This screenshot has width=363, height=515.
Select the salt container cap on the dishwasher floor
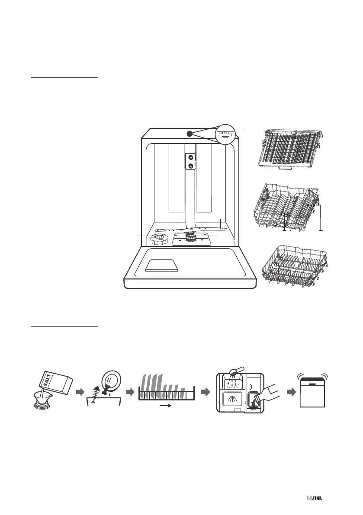160,238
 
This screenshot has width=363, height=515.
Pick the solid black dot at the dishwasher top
190,134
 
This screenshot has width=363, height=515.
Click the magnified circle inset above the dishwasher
227,135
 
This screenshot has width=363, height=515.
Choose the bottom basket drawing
296,265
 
